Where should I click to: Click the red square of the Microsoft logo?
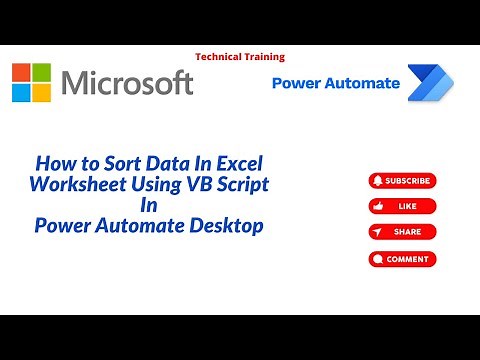[22, 72]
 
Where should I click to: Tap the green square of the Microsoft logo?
[41, 72]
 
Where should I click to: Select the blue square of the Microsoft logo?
[22, 91]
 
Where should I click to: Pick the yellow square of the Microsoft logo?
[41, 91]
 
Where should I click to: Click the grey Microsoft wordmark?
[127, 82]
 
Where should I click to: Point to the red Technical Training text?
[240, 57]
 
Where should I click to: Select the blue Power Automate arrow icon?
[429, 83]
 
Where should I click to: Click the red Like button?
[402, 206]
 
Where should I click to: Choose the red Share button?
[402, 232]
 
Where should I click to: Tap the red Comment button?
[402, 258]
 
